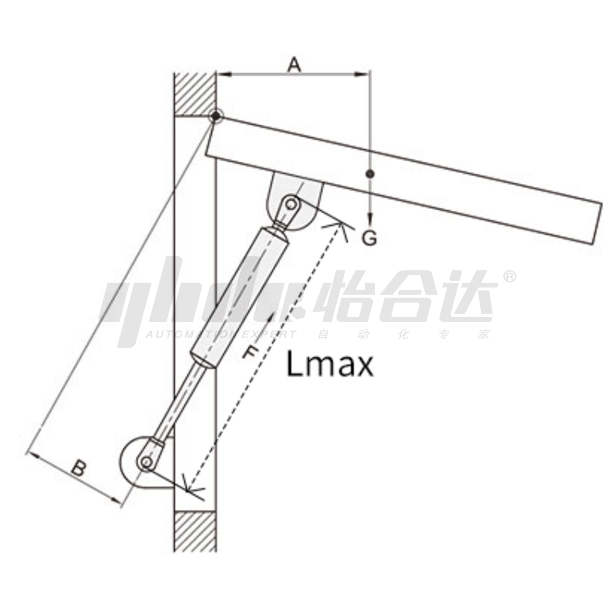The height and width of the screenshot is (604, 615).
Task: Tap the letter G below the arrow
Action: point(370,238)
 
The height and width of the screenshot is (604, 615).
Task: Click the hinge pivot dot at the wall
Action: point(215,116)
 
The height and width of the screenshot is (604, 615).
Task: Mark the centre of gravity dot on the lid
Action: point(370,174)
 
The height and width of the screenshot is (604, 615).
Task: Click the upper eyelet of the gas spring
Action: point(290,204)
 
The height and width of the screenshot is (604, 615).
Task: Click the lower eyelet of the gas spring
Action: point(146,462)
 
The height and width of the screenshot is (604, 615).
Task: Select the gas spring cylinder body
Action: point(240,298)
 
